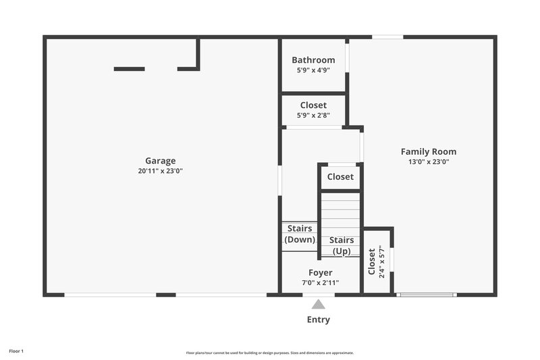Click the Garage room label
pos(161,161)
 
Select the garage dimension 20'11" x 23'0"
pos(161,171)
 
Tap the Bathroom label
pos(313,60)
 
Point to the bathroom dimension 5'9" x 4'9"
pos(313,70)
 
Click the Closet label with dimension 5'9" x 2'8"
pos(313,105)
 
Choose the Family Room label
pos(429,151)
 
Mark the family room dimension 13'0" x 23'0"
pos(429,161)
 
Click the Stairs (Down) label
pos(299,234)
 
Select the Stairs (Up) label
pos(342,246)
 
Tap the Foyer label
pos(320,273)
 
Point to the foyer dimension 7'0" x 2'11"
pos(320,283)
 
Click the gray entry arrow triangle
pos(319,305)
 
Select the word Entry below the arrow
pos(319,319)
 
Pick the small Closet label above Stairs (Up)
pos(340,177)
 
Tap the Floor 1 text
pos(16,351)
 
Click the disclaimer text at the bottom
pos(269,353)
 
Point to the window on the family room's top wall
pos(387,36)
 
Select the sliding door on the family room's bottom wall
pos(426,294)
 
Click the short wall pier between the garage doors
pos(166,294)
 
